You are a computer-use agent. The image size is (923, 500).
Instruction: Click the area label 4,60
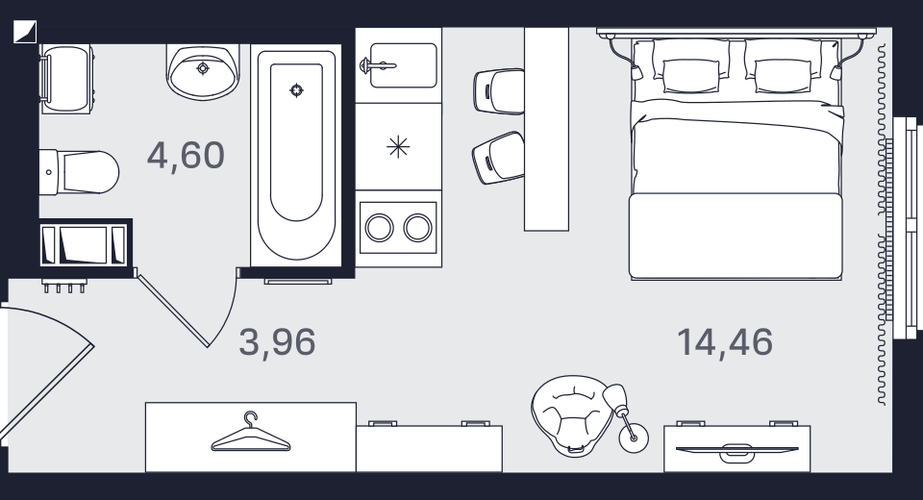click(x=186, y=156)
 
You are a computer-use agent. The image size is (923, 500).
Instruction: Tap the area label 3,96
click(x=277, y=342)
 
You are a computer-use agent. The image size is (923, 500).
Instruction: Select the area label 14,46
click(x=725, y=342)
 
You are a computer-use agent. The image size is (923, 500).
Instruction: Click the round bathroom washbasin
click(x=203, y=70)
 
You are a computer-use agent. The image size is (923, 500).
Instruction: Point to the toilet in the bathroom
click(x=79, y=172)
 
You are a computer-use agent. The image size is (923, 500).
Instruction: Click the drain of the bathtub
click(x=297, y=90)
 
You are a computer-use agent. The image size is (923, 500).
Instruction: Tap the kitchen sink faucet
click(x=377, y=64)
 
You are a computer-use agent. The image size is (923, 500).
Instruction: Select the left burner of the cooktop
click(x=379, y=227)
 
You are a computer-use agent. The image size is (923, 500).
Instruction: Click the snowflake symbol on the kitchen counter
click(x=398, y=147)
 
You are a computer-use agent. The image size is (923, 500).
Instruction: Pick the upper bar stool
click(x=499, y=91)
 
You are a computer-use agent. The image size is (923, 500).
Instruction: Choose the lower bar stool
click(x=499, y=158)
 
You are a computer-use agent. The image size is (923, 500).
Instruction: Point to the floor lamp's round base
click(x=634, y=437)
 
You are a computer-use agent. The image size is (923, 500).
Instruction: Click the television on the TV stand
click(x=737, y=450)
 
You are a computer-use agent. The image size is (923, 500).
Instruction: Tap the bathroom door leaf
click(x=173, y=311)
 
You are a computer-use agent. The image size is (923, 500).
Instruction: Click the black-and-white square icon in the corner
click(x=25, y=32)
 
